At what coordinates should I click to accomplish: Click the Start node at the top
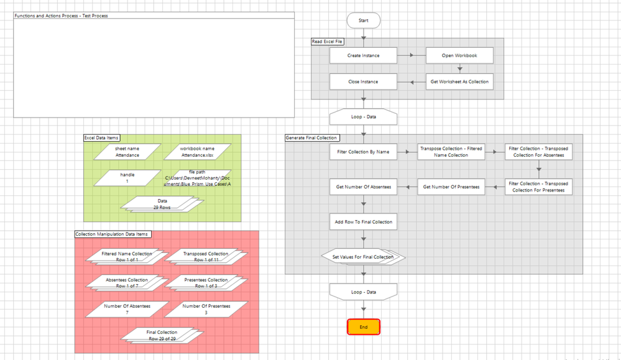click(x=364, y=21)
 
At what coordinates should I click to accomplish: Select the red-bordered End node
click(x=364, y=327)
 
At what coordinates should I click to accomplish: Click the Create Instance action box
click(x=364, y=55)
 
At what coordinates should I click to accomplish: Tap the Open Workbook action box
click(x=459, y=55)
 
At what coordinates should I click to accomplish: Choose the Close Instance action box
click(x=364, y=81)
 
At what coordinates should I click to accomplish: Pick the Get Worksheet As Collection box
click(x=459, y=81)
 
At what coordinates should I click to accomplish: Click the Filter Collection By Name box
click(x=364, y=152)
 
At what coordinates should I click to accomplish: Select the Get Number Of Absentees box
click(x=364, y=187)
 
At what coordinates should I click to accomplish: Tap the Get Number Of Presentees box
click(x=451, y=187)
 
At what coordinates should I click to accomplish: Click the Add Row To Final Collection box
click(x=364, y=221)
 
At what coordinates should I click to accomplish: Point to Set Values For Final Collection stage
click(x=364, y=257)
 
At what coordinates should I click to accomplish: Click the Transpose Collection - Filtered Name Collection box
click(x=451, y=152)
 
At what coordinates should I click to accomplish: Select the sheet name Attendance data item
click(x=127, y=152)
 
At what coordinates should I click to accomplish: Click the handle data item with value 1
click(x=127, y=178)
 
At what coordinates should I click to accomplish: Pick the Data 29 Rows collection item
click(x=162, y=204)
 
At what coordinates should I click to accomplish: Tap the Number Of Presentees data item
click(x=206, y=309)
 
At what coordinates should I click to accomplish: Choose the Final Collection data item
click(x=162, y=335)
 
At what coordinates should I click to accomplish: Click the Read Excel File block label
click(x=328, y=42)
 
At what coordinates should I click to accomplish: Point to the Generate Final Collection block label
click(x=311, y=138)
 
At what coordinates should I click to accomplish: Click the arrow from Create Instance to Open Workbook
click(x=411, y=55)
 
